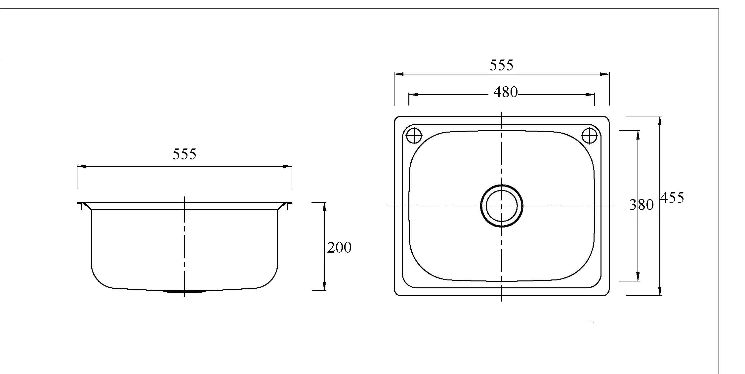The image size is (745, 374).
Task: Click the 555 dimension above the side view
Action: tap(185, 154)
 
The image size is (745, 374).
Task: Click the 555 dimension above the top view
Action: tap(501, 65)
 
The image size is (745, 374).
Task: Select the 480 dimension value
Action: tap(505, 92)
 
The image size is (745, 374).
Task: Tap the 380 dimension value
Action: tap(641, 205)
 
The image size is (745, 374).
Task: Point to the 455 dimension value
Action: tap(672, 198)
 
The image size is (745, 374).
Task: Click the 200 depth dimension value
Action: tap(339, 247)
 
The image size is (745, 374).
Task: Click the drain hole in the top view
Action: tap(501, 206)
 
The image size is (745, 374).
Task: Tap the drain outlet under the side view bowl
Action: tap(184, 291)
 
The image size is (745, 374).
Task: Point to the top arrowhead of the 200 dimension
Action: tap(324, 207)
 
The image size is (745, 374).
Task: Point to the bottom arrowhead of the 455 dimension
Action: tap(660, 291)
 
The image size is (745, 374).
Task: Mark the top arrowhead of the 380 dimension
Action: tap(638, 135)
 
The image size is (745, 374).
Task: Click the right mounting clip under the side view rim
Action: tap(287, 206)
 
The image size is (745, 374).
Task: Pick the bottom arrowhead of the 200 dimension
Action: tap(324, 286)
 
